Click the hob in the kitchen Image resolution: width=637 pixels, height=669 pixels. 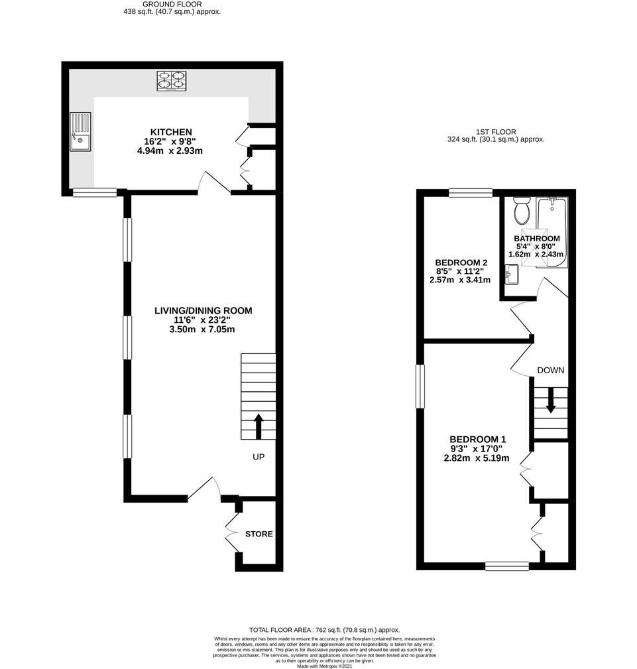tap(171, 80)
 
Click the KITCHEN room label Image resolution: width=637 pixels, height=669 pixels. tap(170, 132)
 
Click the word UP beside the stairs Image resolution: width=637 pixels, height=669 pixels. tap(259, 457)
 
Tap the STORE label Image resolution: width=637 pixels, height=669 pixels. tap(259, 534)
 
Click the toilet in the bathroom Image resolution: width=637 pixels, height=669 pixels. tap(521, 212)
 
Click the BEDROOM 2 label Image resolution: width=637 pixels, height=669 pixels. tap(457, 263)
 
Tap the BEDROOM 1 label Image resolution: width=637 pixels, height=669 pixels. tap(477, 439)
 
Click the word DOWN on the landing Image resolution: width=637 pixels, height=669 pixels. tap(551, 370)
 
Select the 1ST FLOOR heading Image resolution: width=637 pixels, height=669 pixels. tap(496, 132)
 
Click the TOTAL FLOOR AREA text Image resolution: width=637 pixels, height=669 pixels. tap(324, 629)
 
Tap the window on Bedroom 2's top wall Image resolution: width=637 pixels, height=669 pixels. tap(470, 193)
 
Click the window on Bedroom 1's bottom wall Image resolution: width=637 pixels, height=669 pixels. tap(506, 566)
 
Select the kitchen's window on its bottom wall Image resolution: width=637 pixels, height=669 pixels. tap(94, 193)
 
